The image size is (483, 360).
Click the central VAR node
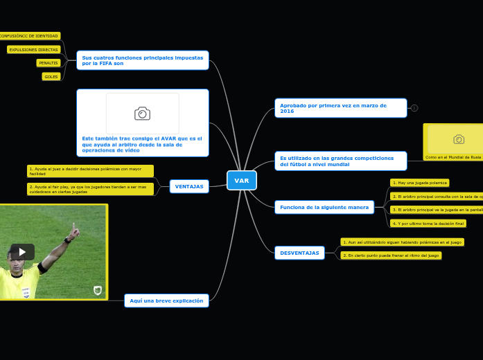tap(241, 180)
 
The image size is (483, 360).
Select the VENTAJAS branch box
tap(189, 186)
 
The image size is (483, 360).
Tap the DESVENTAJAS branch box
tap(299, 253)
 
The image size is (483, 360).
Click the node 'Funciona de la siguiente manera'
tap(324, 207)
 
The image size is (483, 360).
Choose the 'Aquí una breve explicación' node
tap(166, 300)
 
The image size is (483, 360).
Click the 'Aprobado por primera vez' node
tap(340, 108)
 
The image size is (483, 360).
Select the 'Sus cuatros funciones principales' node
tap(143, 60)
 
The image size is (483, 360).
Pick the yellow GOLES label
tap(51, 77)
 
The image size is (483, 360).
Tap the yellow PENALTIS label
tap(49, 63)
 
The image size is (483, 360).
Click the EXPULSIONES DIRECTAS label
tap(34, 50)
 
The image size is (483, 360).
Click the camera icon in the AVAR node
tap(142, 114)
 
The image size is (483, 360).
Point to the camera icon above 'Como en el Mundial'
tap(458, 139)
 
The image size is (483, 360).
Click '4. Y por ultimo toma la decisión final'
tap(428, 224)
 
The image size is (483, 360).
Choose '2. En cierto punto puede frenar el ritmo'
tap(391, 255)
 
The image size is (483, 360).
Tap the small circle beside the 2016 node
tap(414, 108)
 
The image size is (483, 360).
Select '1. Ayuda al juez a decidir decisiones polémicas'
tap(90, 171)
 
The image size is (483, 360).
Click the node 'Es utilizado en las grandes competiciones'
tap(340, 161)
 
